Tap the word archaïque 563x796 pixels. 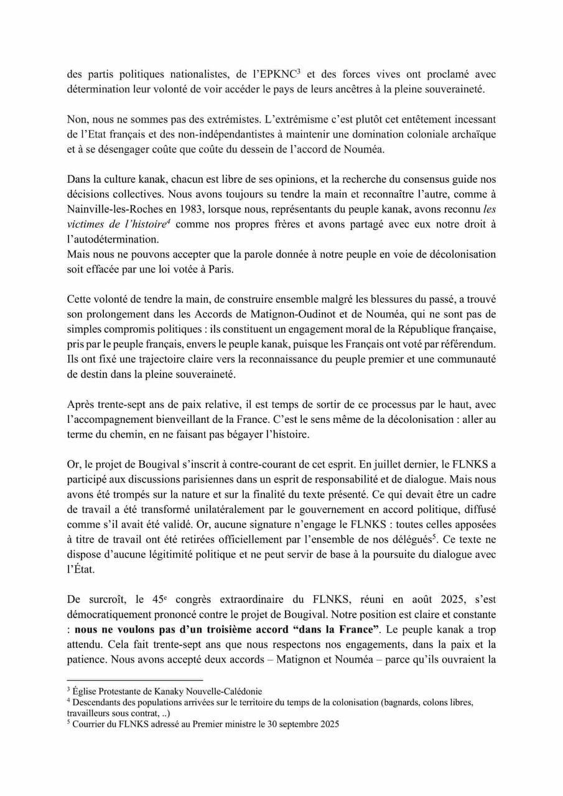point(469,133)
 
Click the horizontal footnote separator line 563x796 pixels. point(135,680)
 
